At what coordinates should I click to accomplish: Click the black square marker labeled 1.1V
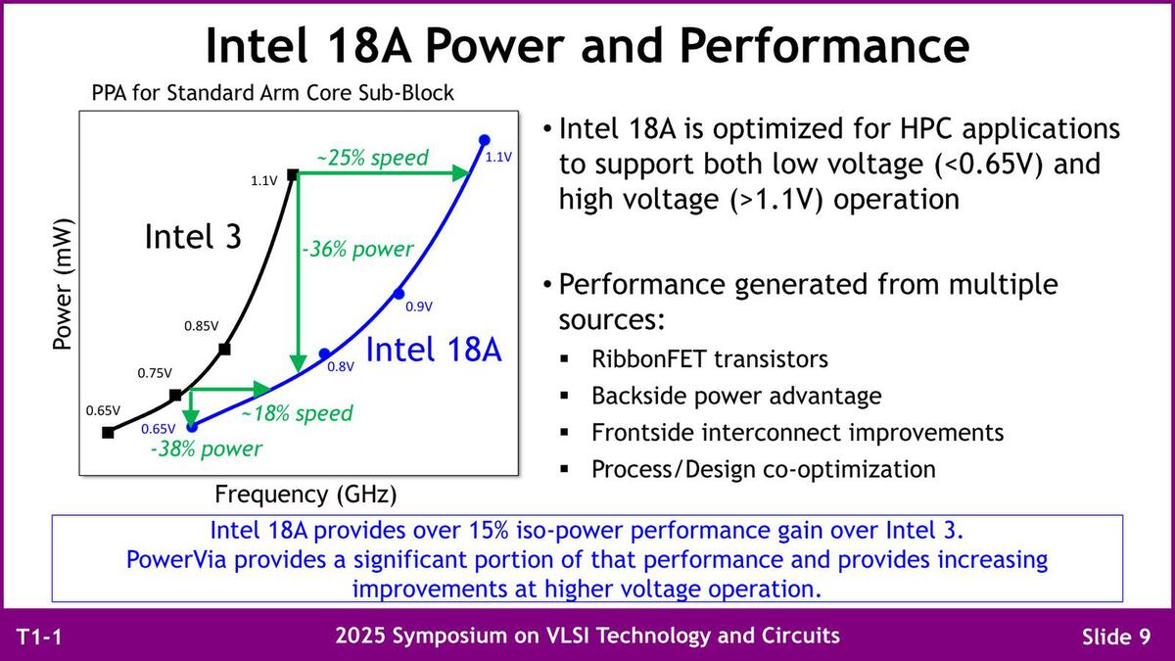(293, 174)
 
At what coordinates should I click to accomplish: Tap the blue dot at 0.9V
(399, 294)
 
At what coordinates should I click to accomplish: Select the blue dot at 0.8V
(325, 354)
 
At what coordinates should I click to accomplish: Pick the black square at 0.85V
(224, 349)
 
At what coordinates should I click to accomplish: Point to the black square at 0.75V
(175, 395)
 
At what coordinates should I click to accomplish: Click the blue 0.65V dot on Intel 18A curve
(193, 427)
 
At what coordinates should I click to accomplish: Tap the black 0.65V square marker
(108, 433)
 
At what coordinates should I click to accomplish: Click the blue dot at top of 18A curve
(485, 140)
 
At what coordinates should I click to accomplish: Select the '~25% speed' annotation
(372, 158)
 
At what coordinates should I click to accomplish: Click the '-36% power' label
(357, 249)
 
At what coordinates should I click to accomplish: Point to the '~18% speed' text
(297, 413)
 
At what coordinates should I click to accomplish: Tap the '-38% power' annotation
(207, 449)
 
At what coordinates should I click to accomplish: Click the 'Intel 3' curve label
(193, 236)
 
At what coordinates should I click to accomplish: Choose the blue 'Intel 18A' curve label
(434, 350)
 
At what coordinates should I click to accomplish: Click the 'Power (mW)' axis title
(62, 284)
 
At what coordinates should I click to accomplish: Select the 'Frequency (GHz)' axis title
(305, 495)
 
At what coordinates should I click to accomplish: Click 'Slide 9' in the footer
(1116, 637)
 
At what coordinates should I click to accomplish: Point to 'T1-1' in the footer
(39, 637)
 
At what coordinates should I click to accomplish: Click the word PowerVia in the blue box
(177, 560)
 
